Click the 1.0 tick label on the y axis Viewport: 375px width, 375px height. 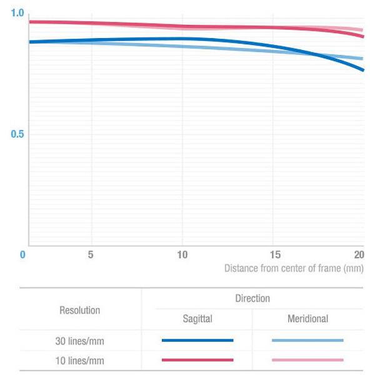(17, 13)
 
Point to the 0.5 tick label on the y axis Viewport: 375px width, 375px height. (17, 134)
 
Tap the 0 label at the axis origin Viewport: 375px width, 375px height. (22, 255)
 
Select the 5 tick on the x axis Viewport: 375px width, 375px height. (91, 255)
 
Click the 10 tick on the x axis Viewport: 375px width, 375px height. (182, 255)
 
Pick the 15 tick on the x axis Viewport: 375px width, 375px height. (272, 255)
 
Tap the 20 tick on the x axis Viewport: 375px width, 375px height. (358, 255)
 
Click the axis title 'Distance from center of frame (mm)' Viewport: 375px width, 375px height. (294, 268)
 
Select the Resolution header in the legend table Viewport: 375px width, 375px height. (79, 310)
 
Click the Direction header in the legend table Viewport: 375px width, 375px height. (252, 299)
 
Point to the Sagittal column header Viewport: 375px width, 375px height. (197, 319)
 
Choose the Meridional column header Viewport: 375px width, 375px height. (307, 319)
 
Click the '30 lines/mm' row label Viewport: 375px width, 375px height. (79, 341)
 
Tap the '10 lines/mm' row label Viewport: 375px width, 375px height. (79, 360)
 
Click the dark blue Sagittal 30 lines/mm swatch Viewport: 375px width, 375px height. (197, 341)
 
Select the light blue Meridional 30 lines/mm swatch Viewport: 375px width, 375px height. (307, 341)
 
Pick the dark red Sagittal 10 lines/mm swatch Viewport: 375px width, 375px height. (197, 360)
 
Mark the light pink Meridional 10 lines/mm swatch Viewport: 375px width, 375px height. (307, 360)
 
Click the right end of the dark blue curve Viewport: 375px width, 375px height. (363, 70)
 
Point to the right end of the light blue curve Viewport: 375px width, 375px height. (363, 59)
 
